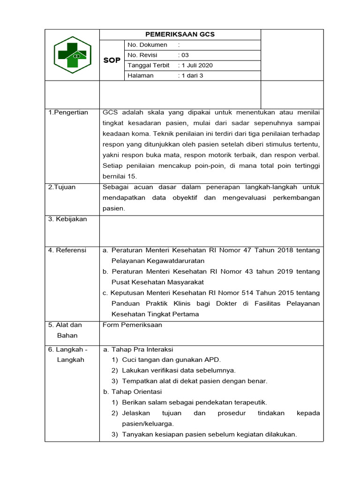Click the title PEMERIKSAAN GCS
pyautogui.click(x=180, y=35)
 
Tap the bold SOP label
pyautogui.click(x=112, y=60)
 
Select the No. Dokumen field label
pyautogui.click(x=147, y=45)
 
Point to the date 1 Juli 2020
pyautogui.click(x=197, y=66)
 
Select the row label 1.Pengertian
pyautogui.click(x=68, y=112)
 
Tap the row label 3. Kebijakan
pyautogui.click(x=68, y=219)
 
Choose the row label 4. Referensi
pyautogui.click(x=67, y=250)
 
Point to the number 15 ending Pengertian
pyautogui.click(x=132, y=176)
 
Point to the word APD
pyautogui.click(x=213, y=360)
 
